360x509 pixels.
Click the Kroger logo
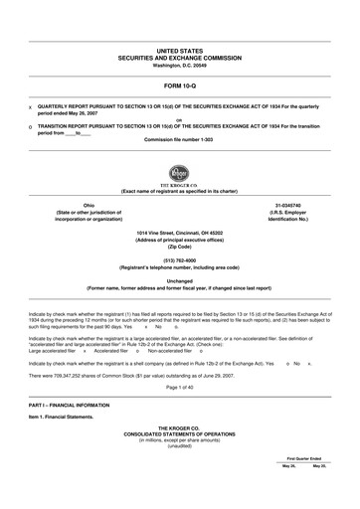point(180,173)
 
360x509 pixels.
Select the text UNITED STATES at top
point(180,49)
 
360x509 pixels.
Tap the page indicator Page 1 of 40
point(180,387)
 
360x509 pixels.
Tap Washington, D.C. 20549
point(180,65)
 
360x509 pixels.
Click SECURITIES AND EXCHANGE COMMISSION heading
point(180,57)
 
